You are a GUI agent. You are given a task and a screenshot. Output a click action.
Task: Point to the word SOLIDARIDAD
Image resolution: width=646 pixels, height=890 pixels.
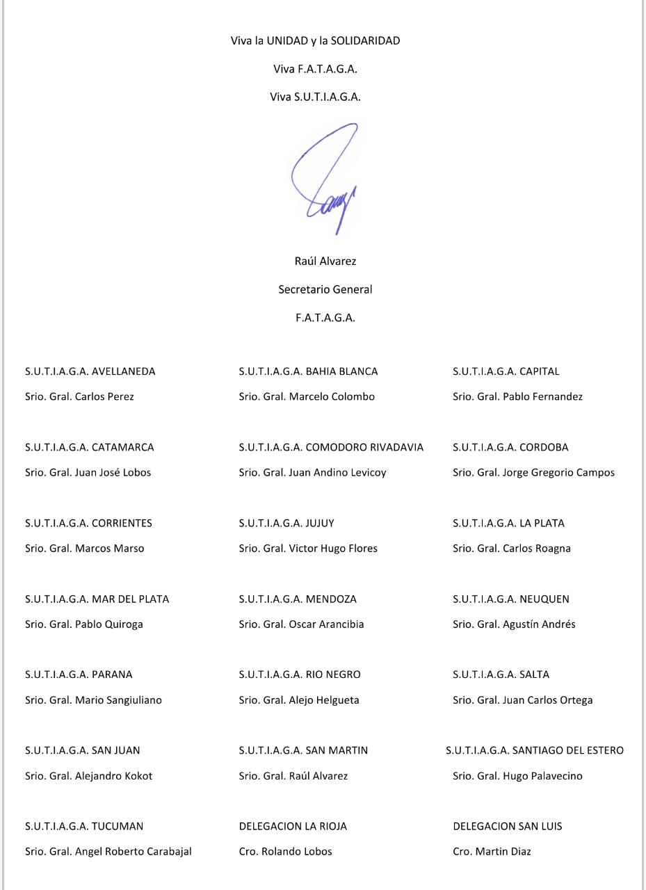(365, 41)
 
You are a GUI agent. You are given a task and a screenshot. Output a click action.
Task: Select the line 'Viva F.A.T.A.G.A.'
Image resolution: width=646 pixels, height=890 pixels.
(315, 69)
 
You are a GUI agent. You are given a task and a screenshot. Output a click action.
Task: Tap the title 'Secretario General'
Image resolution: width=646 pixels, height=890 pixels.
(325, 289)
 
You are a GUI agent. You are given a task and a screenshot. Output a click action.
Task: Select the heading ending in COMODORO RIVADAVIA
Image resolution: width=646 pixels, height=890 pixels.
(331, 447)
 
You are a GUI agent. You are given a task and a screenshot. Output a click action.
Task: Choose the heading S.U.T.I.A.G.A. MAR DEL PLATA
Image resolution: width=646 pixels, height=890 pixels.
(97, 599)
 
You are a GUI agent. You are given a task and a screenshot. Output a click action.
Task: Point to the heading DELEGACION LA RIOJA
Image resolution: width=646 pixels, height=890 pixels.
(293, 826)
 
